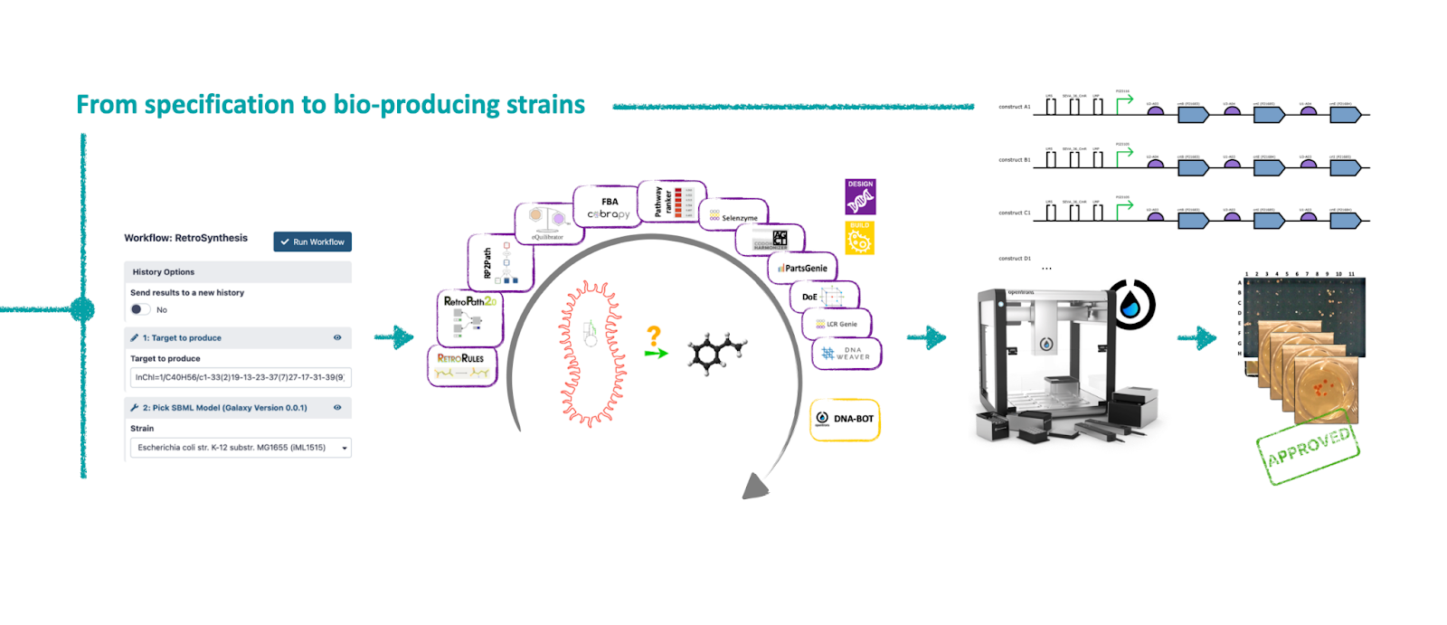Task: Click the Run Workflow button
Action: (x=312, y=241)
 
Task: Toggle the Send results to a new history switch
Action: (x=139, y=309)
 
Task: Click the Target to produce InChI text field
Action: (x=240, y=377)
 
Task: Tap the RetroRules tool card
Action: (x=461, y=365)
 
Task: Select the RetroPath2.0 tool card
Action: (x=469, y=317)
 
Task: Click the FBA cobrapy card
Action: (x=609, y=209)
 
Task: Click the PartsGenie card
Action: (x=803, y=268)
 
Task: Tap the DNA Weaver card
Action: (x=846, y=354)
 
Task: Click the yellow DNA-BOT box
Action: (x=845, y=419)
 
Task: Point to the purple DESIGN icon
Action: (x=860, y=196)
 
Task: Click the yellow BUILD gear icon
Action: (x=859, y=239)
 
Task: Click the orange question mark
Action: (x=654, y=336)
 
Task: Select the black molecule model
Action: (x=715, y=352)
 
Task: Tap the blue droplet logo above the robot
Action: (x=1130, y=304)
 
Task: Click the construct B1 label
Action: (x=1014, y=160)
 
